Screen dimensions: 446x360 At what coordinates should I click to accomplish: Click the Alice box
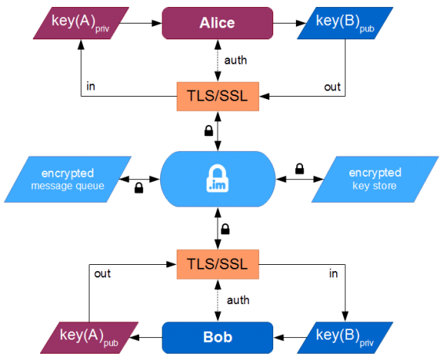(218, 23)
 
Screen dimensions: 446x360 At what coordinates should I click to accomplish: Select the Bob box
(218, 337)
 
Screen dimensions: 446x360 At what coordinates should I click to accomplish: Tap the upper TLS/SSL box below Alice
(218, 96)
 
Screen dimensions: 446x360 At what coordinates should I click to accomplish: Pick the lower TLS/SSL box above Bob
(218, 264)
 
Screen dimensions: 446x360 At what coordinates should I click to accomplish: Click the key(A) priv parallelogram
(81, 23)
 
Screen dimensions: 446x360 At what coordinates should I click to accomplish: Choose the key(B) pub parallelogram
(345, 23)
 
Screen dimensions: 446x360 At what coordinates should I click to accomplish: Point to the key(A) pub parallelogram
(89, 337)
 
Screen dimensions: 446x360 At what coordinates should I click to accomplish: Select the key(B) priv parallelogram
(345, 337)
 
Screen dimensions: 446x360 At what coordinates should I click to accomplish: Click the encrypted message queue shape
(68, 179)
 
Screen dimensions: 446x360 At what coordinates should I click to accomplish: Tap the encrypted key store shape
(375, 179)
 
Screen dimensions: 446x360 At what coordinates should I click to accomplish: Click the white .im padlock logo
(218, 178)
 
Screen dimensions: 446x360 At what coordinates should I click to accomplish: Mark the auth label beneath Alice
(236, 61)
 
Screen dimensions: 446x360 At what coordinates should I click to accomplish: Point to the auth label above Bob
(238, 300)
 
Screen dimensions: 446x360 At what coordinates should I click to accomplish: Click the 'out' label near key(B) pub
(332, 87)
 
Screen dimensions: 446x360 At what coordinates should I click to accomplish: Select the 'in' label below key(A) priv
(91, 86)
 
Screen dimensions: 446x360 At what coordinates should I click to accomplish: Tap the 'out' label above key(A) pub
(102, 274)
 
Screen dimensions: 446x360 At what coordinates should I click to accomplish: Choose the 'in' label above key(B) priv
(334, 274)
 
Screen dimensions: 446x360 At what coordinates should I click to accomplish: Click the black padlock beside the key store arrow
(299, 169)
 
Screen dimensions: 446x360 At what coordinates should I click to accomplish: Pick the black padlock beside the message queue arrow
(139, 188)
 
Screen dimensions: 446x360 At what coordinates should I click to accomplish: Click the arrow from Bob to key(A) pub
(146, 337)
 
